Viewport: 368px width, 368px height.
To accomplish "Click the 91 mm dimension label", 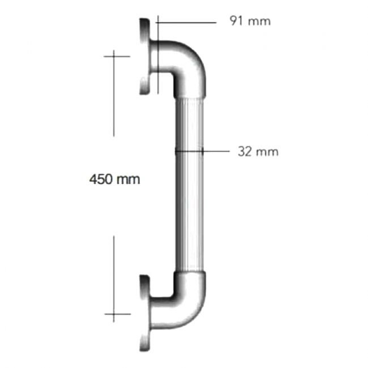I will [x=250, y=21].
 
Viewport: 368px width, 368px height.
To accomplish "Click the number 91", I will [x=236, y=21].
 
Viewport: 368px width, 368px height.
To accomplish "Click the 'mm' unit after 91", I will [x=260, y=21].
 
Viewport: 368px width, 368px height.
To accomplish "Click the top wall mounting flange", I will [x=145, y=55].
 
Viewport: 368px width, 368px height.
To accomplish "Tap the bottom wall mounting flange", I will [x=145, y=313].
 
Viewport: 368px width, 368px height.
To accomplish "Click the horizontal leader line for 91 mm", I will [x=187, y=22].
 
